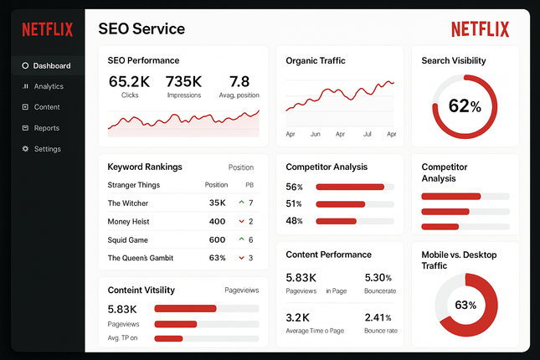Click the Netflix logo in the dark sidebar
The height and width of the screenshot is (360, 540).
coord(47,30)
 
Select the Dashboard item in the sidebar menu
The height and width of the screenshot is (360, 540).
coord(52,65)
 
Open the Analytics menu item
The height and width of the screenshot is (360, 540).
coord(49,86)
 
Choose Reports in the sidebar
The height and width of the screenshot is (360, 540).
coord(47,128)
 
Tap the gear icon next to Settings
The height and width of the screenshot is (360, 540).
coord(25,149)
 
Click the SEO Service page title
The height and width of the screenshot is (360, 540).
coord(141,29)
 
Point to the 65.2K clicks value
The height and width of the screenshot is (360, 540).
coord(129,82)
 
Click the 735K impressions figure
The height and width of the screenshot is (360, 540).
coord(183,82)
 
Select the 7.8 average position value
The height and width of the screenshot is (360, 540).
coord(239,82)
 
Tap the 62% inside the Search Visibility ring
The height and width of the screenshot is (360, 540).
coord(465,106)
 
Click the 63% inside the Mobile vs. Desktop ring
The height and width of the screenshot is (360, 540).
coord(465,305)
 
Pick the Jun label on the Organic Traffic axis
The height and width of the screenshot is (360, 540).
coord(316,134)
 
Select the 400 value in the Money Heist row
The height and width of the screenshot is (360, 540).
coord(217,222)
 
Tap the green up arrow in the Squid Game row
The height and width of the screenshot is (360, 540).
coord(241,239)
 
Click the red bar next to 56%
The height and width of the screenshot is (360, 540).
coord(349,187)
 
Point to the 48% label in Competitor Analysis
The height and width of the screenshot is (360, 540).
coord(294,221)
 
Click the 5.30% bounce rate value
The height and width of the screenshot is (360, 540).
coord(378,277)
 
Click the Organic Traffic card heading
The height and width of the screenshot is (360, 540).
coord(316,60)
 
